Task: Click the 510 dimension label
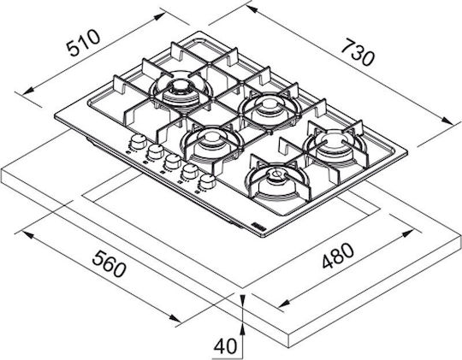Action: coord(83,43)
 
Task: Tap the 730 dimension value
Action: coord(358,52)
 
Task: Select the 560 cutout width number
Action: coord(109,264)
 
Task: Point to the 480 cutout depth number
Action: coord(338,256)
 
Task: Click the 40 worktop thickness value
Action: coord(225,345)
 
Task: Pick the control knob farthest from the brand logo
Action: coord(139,142)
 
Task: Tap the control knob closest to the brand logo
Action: coord(207,182)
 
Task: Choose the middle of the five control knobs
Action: coord(173,162)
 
